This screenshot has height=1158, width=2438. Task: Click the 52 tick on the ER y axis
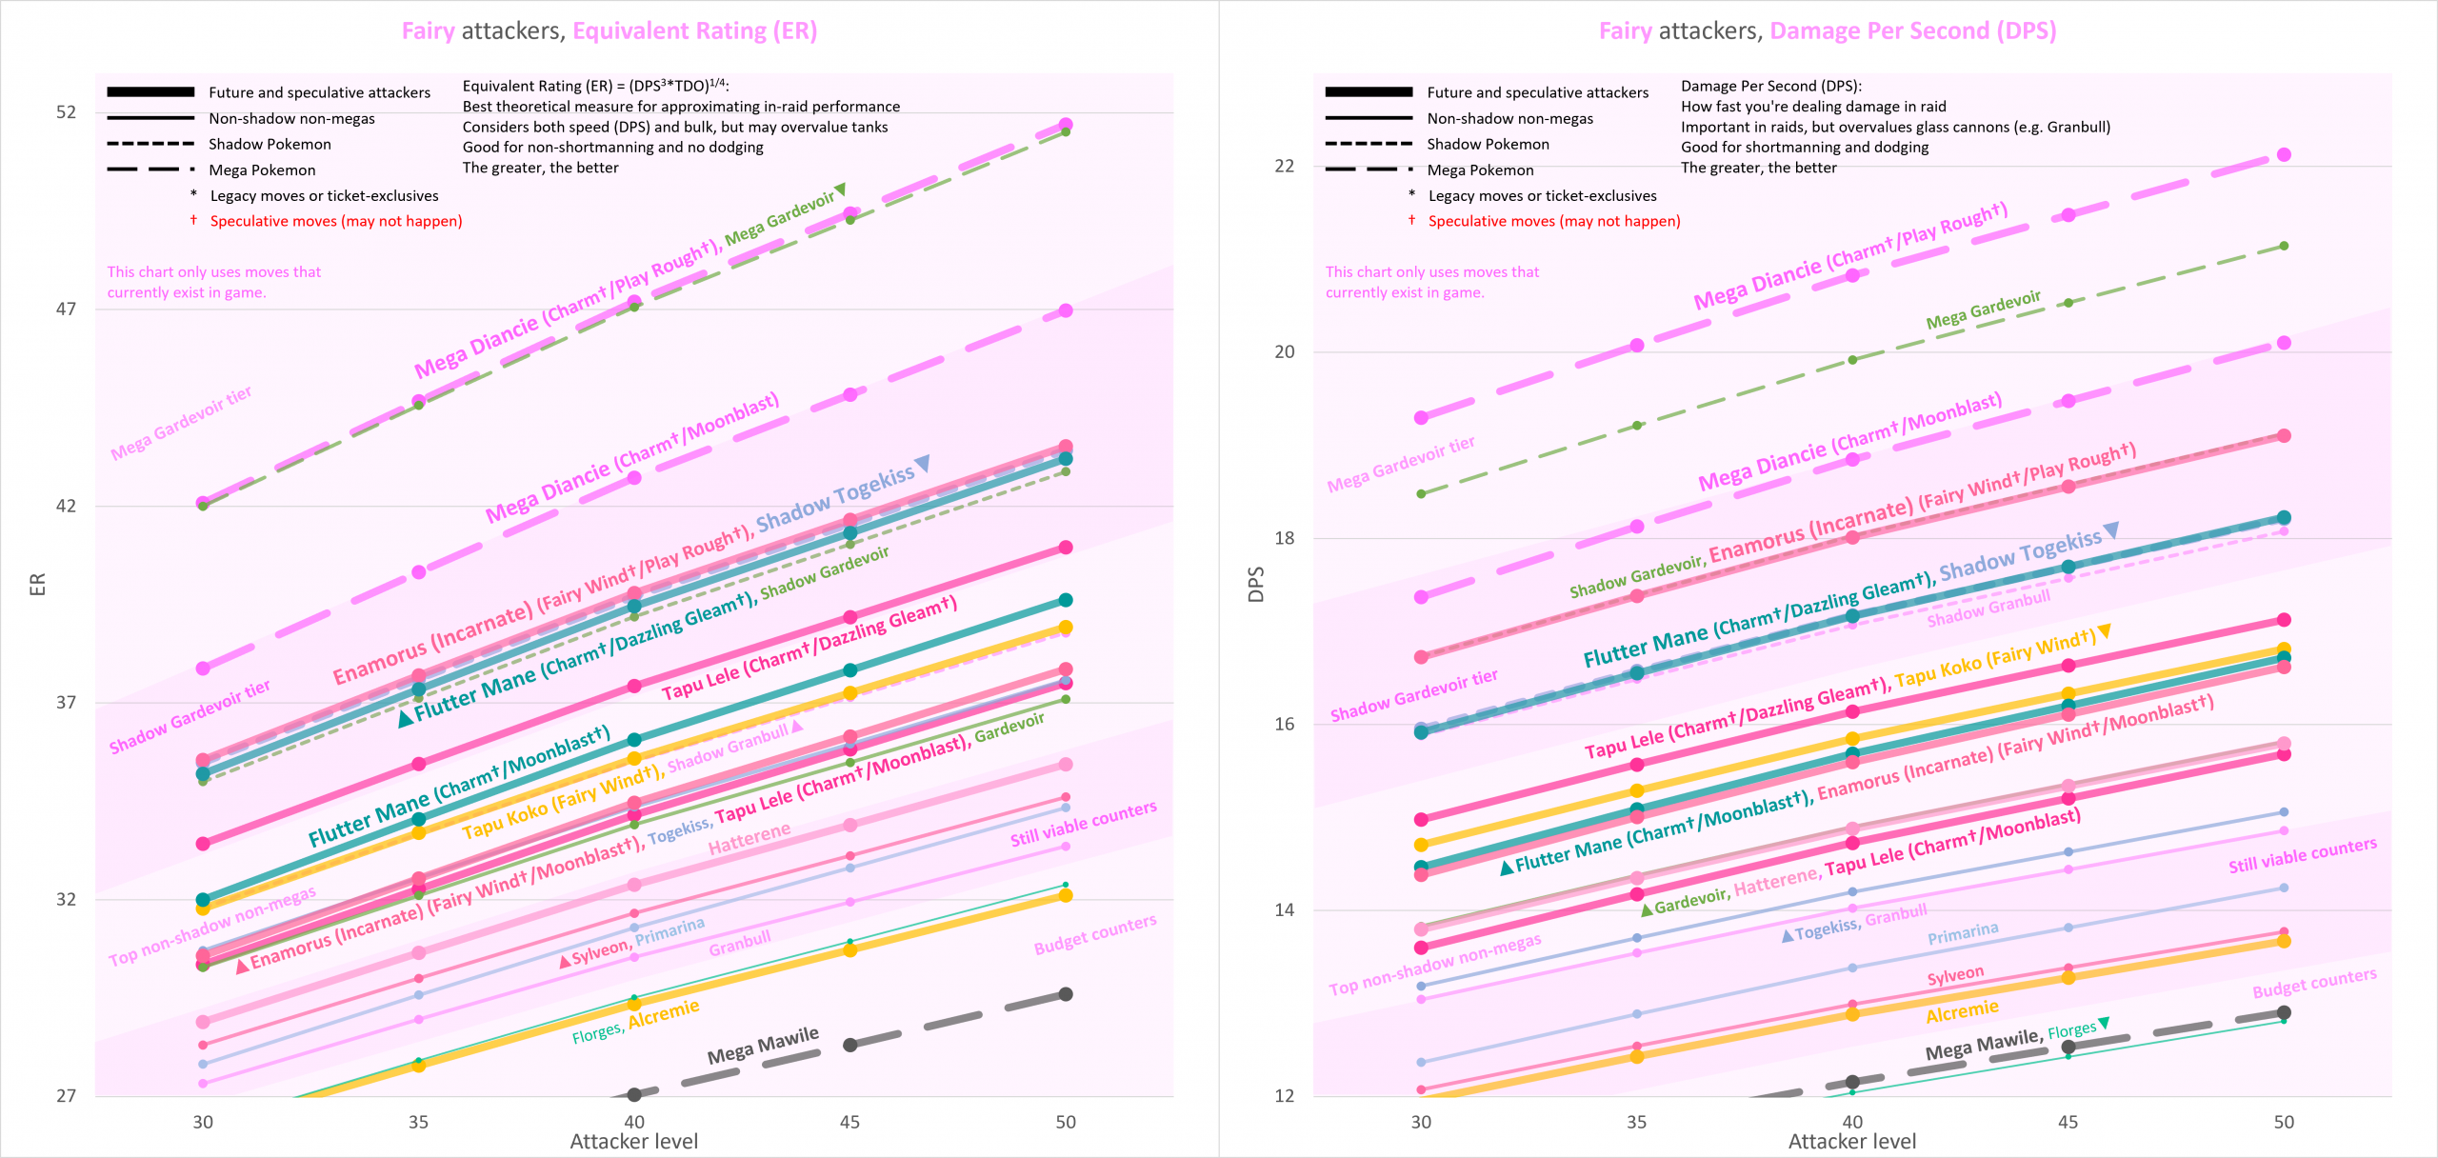click(66, 112)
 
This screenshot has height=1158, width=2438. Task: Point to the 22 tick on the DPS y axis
click(1285, 166)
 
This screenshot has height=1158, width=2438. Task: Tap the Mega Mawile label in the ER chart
click(763, 1045)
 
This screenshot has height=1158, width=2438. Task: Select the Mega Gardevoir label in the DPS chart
click(1983, 310)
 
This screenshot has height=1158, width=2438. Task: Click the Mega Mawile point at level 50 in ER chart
click(1066, 994)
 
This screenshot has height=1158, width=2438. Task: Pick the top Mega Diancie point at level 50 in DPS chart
click(2284, 154)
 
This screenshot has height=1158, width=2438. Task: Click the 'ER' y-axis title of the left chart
click(38, 584)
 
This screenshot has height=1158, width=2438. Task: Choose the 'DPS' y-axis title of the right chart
click(1256, 584)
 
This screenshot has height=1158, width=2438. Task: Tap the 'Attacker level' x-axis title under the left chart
click(633, 1141)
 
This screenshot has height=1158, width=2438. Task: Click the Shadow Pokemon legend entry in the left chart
click(270, 144)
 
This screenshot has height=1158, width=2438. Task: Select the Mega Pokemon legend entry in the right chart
click(1480, 170)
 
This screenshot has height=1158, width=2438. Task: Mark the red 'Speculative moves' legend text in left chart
click(335, 221)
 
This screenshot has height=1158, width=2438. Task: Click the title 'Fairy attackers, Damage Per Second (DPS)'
click(1828, 30)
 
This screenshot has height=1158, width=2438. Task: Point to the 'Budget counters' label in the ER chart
click(1095, 934)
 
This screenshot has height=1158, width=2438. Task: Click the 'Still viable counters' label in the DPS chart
click(2302, 855)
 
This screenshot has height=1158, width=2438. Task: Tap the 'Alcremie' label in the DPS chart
click(1962, 1011)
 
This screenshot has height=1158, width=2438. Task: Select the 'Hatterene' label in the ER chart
click(749, 838)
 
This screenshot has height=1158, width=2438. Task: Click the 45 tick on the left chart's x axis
click(849, 1122)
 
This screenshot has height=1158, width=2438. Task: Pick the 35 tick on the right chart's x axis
click(1636, 1122)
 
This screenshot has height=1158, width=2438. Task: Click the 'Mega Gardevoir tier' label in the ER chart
click(181, 423)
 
